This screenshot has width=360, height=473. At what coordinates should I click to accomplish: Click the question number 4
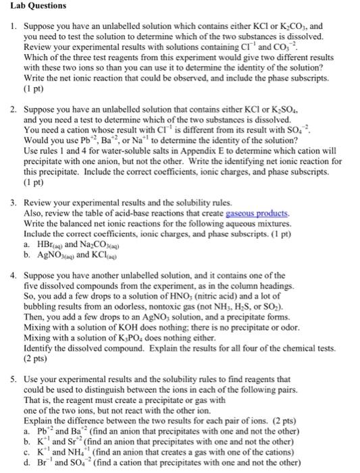pos(14,280)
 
